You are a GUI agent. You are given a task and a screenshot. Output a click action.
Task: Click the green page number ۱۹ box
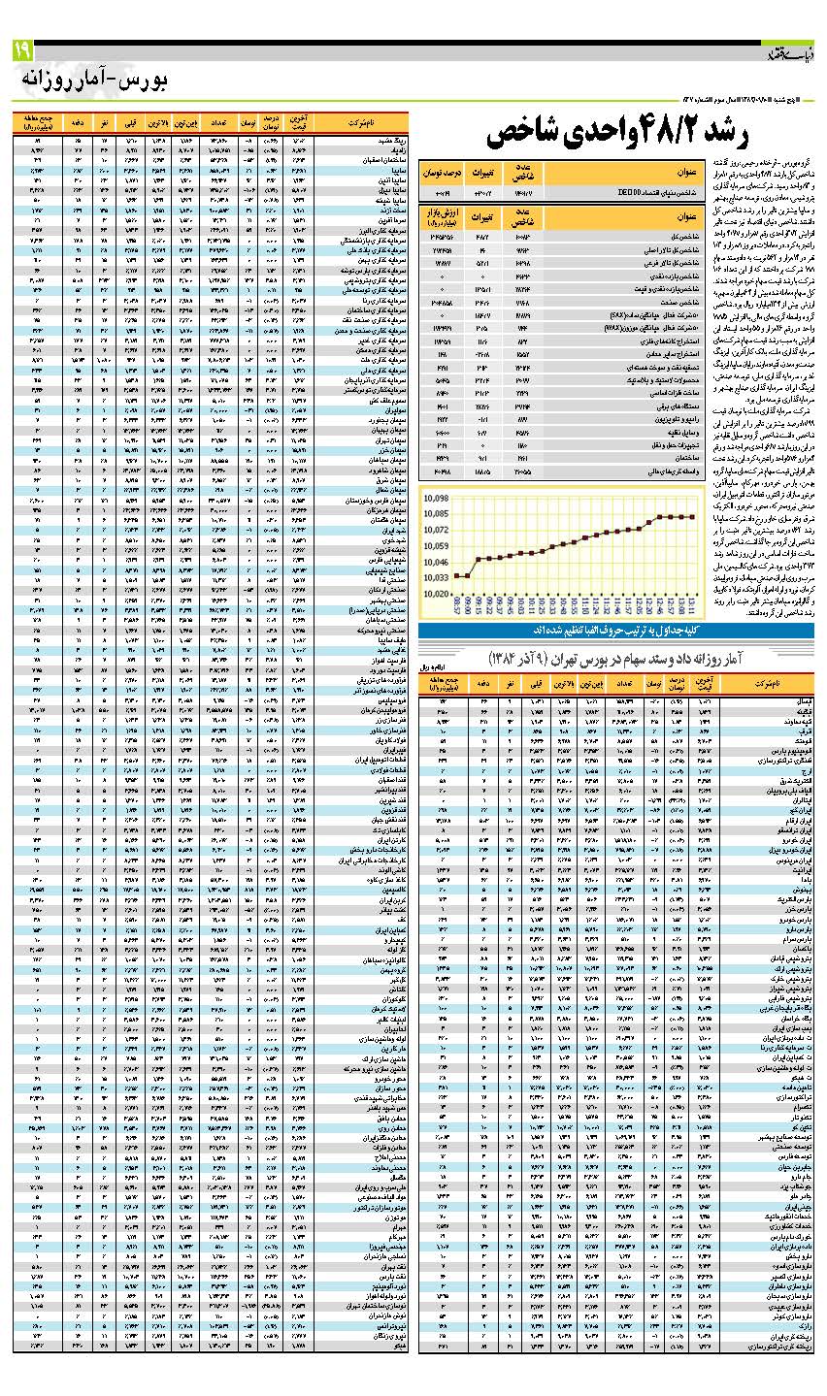click(x=22, y=49)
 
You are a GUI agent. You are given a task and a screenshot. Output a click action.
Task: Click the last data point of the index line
click(x=692, y=517)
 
